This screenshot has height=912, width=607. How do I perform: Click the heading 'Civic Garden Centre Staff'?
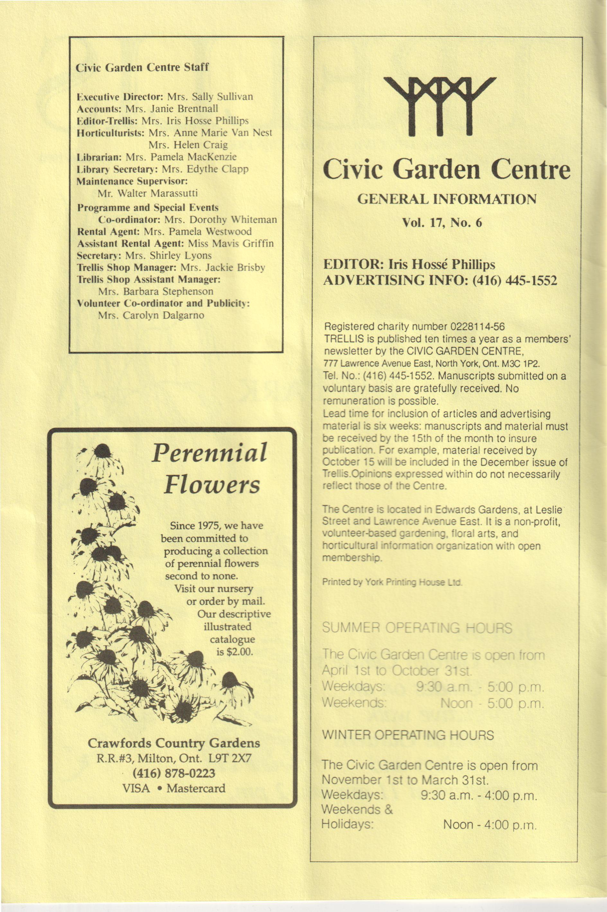(142, 68)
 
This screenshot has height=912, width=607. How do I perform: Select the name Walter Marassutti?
(148, 193)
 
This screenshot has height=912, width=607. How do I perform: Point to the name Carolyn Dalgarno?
(151, 315)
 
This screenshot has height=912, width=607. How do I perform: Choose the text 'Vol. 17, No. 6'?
(442, 223)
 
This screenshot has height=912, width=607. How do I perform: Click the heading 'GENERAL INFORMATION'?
(446, 199)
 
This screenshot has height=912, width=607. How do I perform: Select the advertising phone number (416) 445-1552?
(514, 280)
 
